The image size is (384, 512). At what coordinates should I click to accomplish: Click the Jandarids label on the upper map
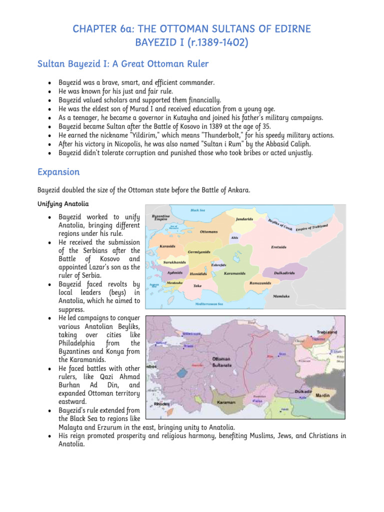tap(243, 219)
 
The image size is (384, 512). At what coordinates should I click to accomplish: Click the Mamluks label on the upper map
tap(281, 295)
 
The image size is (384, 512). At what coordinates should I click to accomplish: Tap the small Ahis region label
tap(234, 237)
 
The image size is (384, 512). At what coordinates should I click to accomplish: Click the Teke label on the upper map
tap(197, 285)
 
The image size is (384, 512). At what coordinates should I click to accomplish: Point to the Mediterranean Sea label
tap(205, 303)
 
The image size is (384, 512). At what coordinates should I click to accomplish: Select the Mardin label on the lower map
tap(322, 395)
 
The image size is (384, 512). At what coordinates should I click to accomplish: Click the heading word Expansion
tap(58, 172)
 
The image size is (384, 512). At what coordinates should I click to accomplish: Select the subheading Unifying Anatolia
tap(62, 204)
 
